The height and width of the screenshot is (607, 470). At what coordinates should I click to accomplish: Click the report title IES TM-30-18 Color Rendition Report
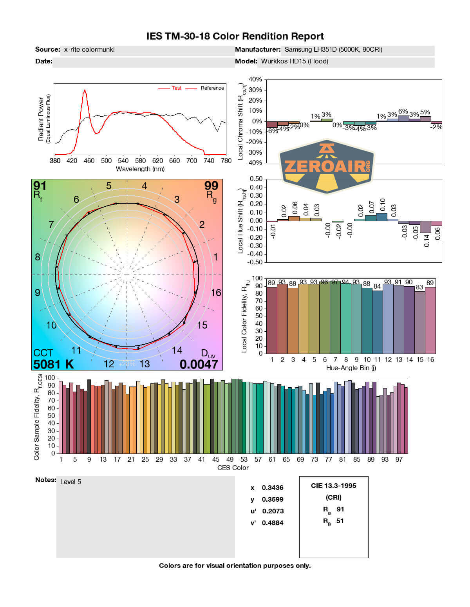tap(235, 36)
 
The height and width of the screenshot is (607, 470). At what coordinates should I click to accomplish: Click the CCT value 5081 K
tap(54, 364)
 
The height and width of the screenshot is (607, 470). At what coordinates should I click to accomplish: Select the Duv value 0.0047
tap(199, 364)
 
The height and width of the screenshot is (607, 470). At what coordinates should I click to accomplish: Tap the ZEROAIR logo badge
tap(327, 166)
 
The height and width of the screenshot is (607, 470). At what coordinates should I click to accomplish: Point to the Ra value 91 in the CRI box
tap(340, 509)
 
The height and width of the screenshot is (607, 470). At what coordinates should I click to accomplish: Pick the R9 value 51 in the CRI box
tap(340, 521)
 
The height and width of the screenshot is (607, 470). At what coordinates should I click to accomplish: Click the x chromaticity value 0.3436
tap(273, 488)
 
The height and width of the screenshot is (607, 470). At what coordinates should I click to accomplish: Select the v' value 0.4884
tap(273, 523)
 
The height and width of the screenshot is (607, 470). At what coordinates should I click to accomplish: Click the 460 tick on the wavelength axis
tap(89, 161)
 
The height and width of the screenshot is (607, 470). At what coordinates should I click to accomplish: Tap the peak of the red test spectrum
tap(85, 90)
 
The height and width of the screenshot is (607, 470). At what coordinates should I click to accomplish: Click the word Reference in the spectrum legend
tap(212, 88)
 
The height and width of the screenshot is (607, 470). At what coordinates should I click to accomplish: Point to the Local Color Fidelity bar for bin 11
tap(378, 322)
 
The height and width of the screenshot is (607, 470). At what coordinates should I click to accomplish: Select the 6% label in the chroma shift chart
tap(403, 112)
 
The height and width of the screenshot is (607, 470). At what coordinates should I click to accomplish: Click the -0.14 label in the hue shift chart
tap(427, 240)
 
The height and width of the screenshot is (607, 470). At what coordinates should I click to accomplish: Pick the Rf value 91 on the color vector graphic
tap(40, 185)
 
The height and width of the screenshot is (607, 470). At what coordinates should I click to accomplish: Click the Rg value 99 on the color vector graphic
tap(211, 185)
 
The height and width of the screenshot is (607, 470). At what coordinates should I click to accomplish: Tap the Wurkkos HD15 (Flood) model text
tap(295, 61)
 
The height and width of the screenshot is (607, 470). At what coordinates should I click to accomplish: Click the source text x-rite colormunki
tap(89, 49)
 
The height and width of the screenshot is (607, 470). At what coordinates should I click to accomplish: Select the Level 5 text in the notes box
tap(70, 482)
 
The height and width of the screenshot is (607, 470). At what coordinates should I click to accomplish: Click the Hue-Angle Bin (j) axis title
tap(351, 368)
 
